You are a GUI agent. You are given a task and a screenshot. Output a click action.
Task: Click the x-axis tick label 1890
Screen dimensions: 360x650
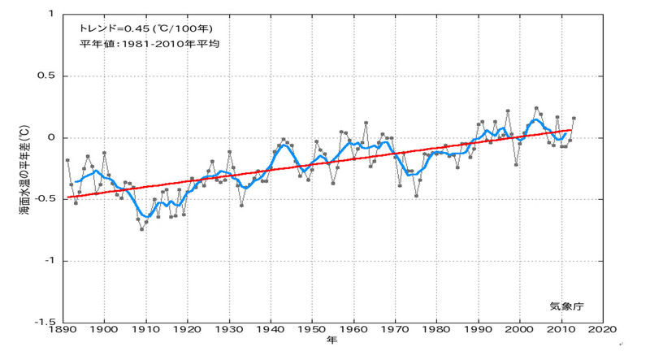pos(63,331)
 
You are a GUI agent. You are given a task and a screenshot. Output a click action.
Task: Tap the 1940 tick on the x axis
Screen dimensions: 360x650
pos(271,331)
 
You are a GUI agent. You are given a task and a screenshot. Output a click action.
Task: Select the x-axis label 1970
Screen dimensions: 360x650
pos(396,331)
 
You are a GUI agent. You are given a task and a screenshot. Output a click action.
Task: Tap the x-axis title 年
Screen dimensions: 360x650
pos(332,342)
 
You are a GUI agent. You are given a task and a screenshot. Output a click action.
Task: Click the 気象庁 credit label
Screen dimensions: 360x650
pos(565,306)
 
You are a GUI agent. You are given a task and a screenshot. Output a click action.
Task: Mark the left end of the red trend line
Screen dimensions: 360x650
pos(67,197)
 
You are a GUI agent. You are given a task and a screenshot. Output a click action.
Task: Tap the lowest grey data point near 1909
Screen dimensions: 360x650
pos(141,229)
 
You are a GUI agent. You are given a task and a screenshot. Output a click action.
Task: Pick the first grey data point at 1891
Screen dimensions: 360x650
pos(67,160)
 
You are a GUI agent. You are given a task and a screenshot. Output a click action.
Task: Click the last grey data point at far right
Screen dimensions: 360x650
pos(574,119)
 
